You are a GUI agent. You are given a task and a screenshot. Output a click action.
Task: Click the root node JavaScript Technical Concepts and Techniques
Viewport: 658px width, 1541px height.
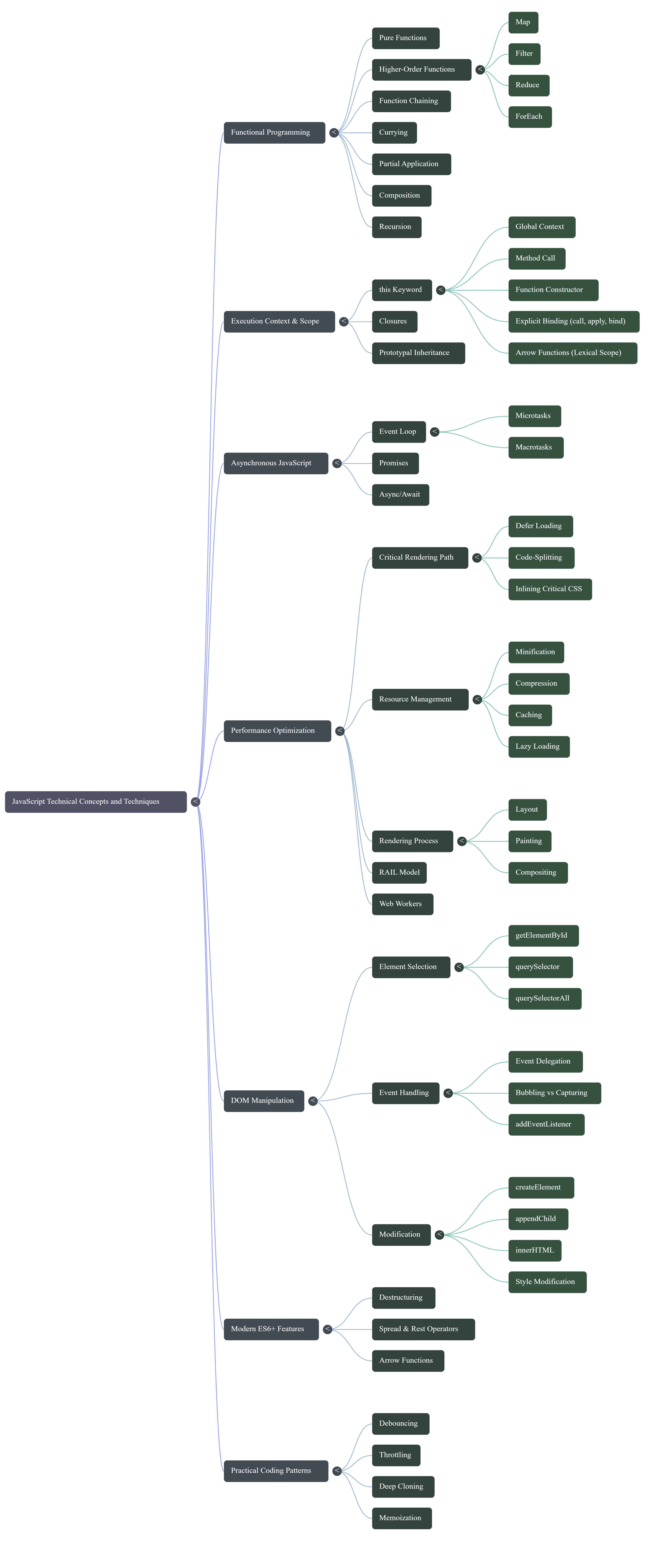(x=96, y=802)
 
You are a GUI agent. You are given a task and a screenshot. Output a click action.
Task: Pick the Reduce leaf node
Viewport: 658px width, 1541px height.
(x=528, y=85)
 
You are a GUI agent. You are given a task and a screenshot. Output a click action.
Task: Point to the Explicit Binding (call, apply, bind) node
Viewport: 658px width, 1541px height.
(x=573, y=321)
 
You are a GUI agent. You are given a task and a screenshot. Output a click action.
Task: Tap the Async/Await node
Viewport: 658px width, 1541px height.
(x=400, y=495)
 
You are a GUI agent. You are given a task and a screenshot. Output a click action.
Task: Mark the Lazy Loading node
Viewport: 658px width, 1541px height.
(x=538, y=747)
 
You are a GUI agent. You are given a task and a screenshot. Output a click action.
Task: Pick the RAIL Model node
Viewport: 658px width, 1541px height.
(x=399, y=873)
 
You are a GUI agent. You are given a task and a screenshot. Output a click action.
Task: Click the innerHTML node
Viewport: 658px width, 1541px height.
(x=535, y=1250)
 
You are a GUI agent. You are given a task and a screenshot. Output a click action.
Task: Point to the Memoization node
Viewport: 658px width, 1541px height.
(x=401, y=1518)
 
